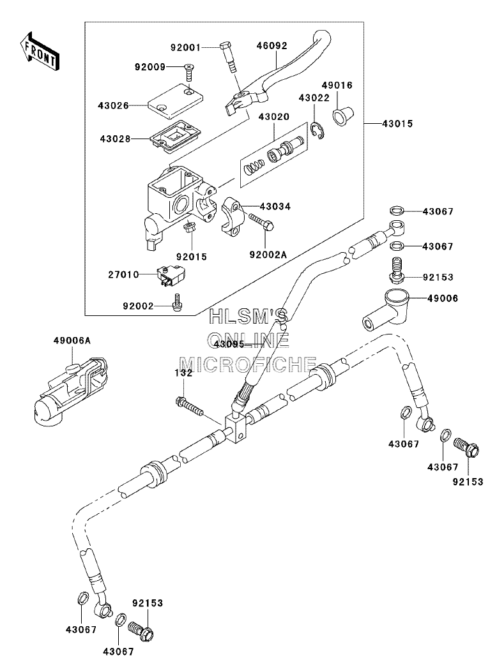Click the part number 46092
(x=271, y=45)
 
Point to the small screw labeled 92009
(x=189, y=73)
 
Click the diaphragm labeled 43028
(x=172, y=138)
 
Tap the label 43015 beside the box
(x=397, y=124)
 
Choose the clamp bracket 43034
(x=236, y=214)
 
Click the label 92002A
(x=268, y=255)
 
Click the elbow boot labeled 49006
(x=385, y=310)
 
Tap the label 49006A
(x=72, y=340)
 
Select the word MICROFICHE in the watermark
(x=248, y=364)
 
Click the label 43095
(x=229, y=344)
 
